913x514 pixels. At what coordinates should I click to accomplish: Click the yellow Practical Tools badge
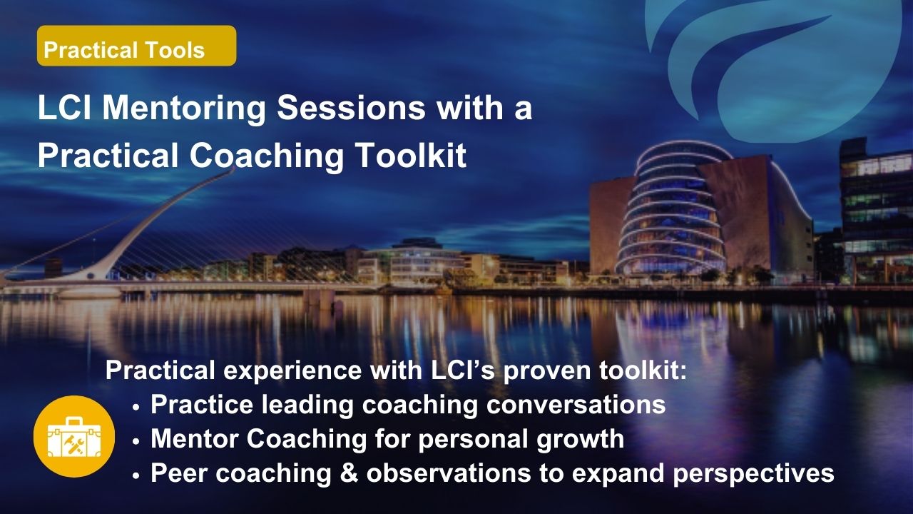click(136, 46)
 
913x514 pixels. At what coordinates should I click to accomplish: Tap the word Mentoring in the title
click(184, 109)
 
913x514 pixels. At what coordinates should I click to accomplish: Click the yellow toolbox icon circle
click(74, 436)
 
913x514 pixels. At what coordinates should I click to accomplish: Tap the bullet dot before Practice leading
click(136, 407)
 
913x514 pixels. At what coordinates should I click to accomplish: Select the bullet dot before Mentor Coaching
click(136, 441)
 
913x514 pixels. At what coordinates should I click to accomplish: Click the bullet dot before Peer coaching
click(136, 475)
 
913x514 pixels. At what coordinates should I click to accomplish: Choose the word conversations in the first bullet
click(576, 405)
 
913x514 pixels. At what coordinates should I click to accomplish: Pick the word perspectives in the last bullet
click(754, 475)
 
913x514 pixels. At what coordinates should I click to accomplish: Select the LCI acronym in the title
click(64, 108)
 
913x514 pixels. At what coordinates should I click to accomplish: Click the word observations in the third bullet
click(449, 473)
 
